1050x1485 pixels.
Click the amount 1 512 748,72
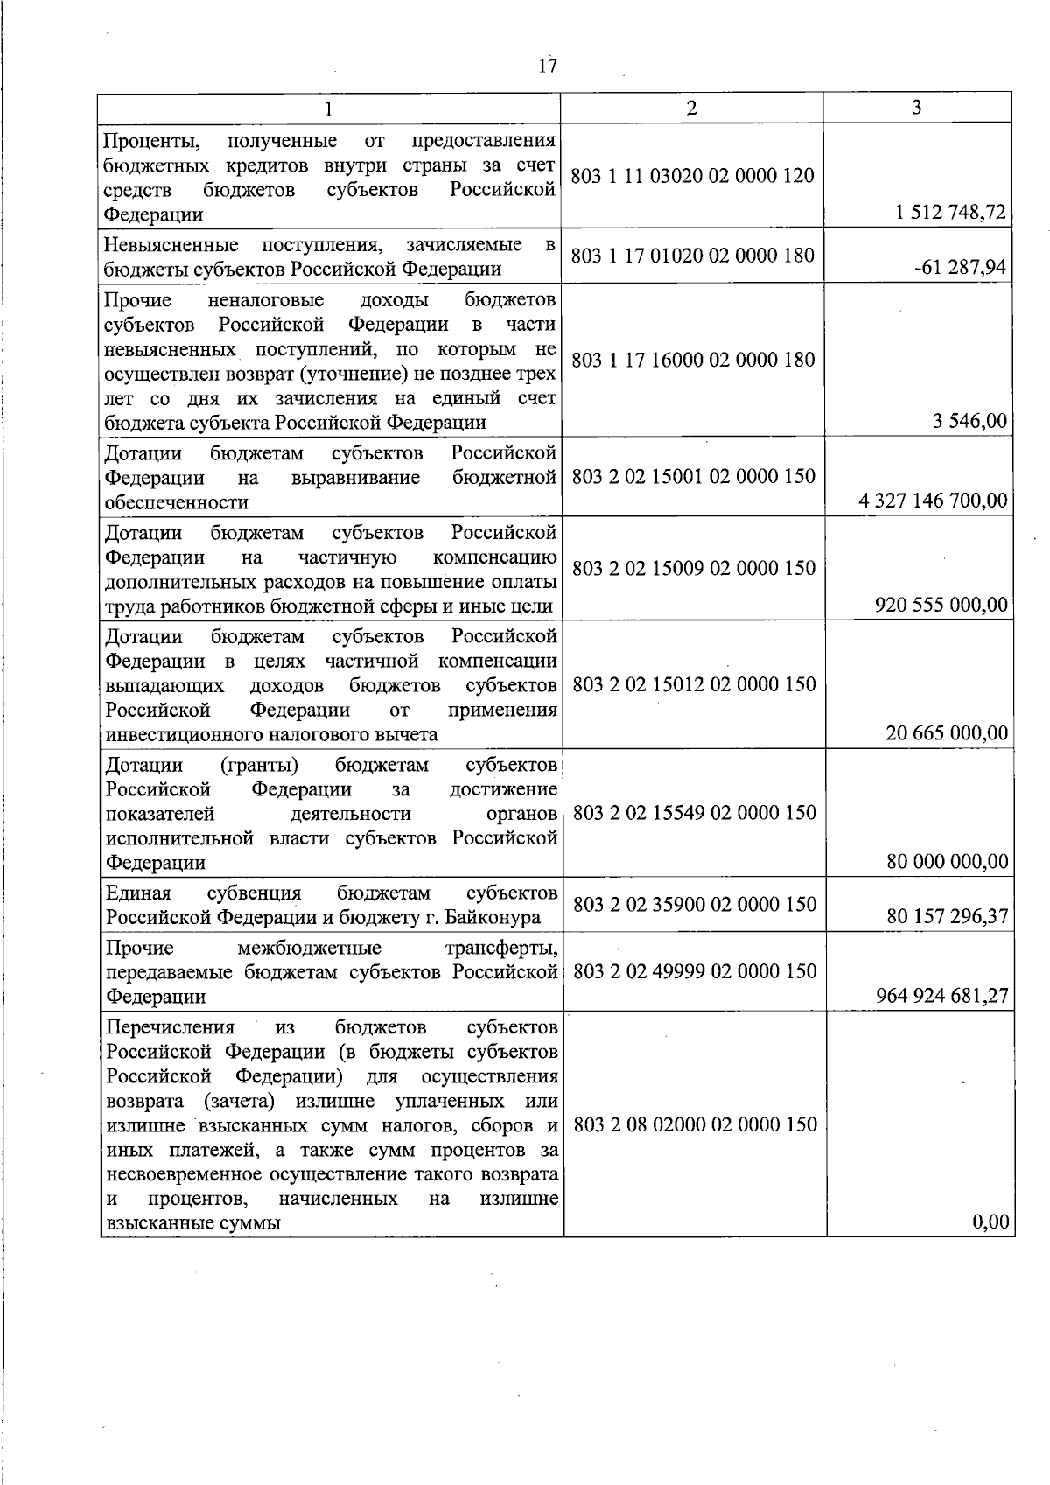[x=946, y=213]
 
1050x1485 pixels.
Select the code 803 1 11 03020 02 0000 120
[x=692, y=175]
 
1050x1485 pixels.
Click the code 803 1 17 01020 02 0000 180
[x=692, y=256]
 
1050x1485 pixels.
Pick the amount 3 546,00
[x=971, y=422]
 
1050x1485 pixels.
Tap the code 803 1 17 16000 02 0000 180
[x=692, y=360]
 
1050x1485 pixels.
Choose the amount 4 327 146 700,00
[x=934, y=501]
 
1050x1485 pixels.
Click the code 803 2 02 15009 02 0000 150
[x=694, y=568]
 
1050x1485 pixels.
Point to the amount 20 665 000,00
[x=947, y=733]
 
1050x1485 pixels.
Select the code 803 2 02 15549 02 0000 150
[x=695, y=812]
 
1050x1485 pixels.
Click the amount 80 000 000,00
[x=947, y=862]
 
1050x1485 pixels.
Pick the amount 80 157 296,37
[x=947, y=916]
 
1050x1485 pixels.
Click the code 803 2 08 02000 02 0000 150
[x=695, y=1124]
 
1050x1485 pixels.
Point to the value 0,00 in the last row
[x=990, y=1222]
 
